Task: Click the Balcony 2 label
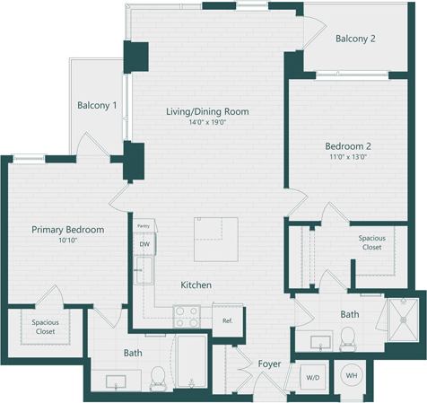coord(355,39)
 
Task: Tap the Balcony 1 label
coord(97,105)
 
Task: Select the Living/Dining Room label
coord(207,111)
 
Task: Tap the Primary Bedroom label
coord(68,230)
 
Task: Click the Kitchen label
coord(196,285)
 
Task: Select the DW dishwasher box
coord(144,244)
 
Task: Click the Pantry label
coord(143,226)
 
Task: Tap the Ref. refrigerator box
coord(228,319)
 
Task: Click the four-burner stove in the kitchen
coord(187,316)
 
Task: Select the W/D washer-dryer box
coord(313,377)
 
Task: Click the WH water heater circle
coord(351,376)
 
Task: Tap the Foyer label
coord(269,364)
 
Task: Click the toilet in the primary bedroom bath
coord(158,378)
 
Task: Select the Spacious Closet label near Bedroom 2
coord(371,243)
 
